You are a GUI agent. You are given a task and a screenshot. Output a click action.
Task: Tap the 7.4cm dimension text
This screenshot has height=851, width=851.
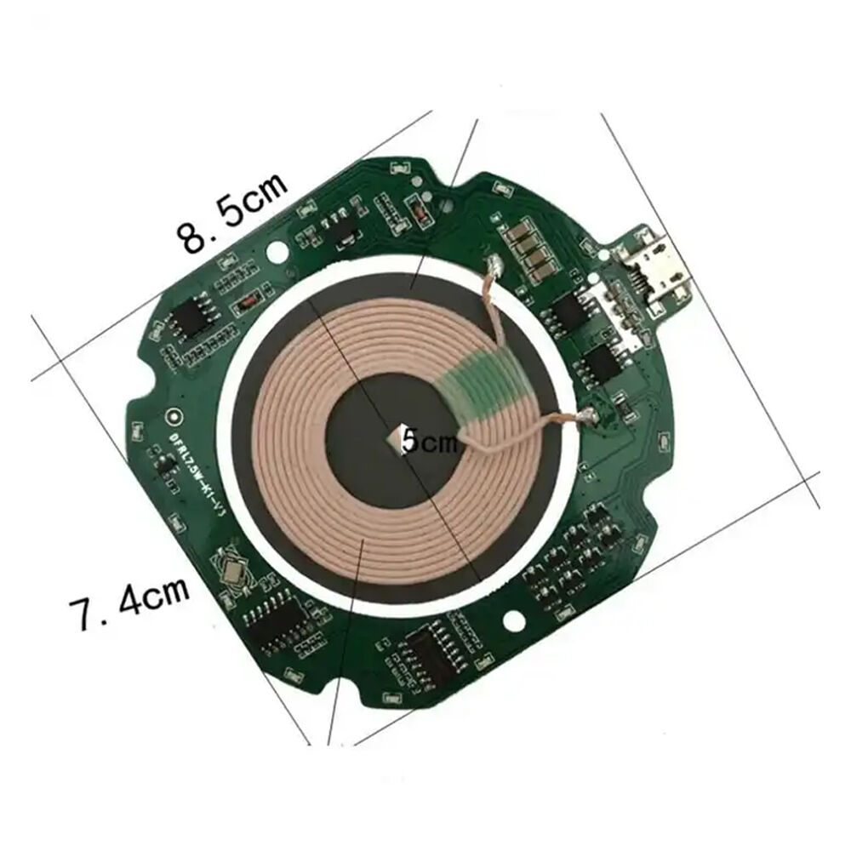coord(130,606)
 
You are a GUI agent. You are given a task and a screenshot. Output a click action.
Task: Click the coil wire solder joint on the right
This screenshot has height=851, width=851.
coord(586,416)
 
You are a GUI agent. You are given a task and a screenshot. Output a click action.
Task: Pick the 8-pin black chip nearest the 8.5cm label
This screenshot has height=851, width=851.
coord(186,321)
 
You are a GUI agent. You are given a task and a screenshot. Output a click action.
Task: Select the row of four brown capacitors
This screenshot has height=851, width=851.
coord(527,251)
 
